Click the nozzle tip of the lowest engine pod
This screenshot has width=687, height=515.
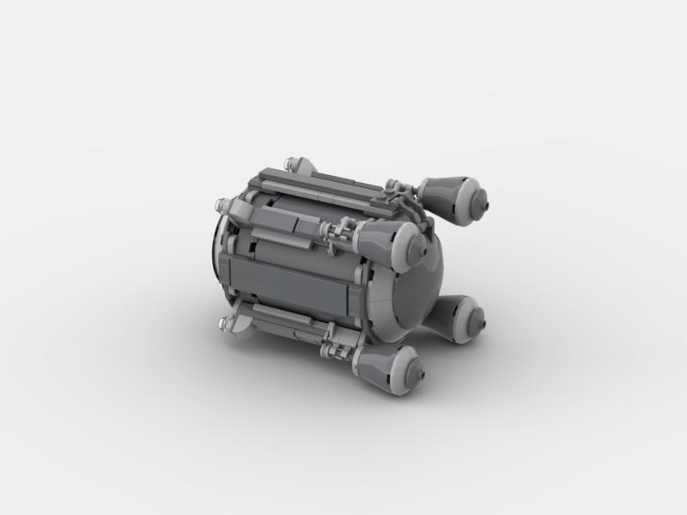[420, 370]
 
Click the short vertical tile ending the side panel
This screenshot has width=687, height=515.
[356, 297]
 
